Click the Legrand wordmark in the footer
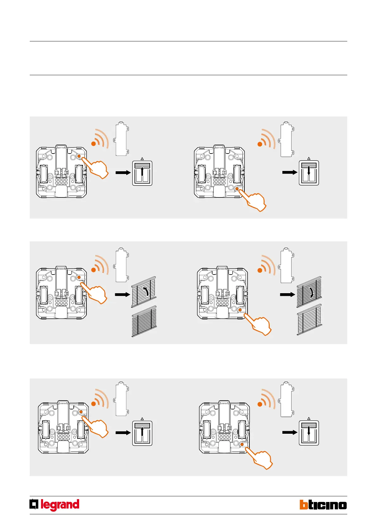60,505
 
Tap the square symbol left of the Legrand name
34,504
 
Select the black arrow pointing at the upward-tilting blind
123,294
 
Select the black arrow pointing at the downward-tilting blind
287,294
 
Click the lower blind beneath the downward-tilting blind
309,319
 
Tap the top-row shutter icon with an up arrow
142,173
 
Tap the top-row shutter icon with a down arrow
309,173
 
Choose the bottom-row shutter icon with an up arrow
142,433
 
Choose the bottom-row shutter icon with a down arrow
309,433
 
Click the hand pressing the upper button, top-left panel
97,169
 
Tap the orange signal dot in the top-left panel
93,144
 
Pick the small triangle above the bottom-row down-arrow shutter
309,419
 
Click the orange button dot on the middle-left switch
79,277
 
